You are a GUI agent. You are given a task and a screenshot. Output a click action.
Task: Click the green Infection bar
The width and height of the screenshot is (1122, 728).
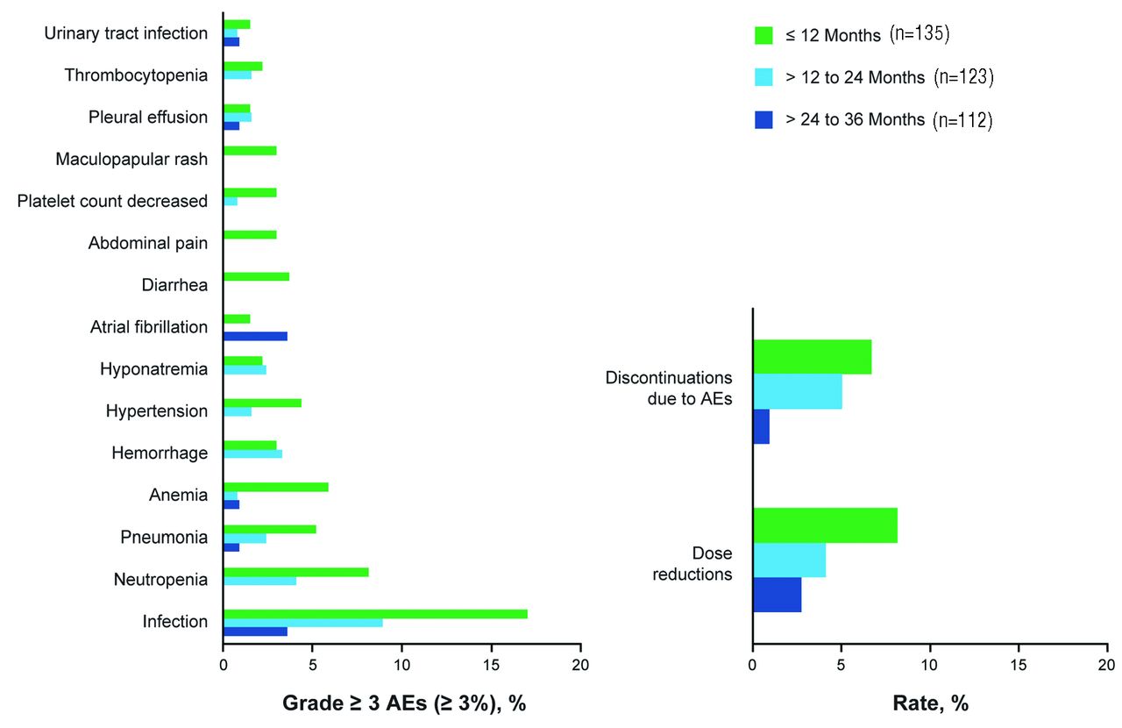click(375, 613)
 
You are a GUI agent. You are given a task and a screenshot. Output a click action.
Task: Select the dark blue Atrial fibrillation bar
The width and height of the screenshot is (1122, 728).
click(255, 336)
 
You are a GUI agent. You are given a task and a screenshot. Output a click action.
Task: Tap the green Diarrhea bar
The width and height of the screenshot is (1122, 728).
click(256, 276)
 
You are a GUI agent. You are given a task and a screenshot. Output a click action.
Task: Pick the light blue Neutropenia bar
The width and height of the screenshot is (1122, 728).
click(259, 581)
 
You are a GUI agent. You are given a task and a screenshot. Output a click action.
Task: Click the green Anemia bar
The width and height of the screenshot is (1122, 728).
click(275, 487)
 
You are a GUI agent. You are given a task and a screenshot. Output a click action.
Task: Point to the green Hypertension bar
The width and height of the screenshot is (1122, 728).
click(262, 403)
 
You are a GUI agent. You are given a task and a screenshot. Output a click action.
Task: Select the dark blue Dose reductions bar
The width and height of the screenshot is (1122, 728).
click(777, 594)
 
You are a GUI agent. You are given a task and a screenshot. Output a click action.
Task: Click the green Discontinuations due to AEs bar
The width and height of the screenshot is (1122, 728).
click(812, 356)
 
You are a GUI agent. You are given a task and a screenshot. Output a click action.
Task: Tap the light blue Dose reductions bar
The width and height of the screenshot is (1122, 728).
click(789, 560)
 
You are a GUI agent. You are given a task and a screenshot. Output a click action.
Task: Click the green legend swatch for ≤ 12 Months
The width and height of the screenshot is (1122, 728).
click(763, 36)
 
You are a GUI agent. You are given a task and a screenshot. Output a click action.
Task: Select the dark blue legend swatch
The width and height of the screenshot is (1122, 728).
click(763, 119)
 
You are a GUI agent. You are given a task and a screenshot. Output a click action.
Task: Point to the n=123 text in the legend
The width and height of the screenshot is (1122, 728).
click(963, 77)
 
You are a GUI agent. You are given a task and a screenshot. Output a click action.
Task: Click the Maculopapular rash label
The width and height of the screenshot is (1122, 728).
click(131, 160)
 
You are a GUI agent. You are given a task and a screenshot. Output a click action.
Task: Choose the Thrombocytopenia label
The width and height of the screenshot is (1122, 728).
click(136, 75)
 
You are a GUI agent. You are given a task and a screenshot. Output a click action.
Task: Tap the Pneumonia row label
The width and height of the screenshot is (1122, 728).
click(164, 538)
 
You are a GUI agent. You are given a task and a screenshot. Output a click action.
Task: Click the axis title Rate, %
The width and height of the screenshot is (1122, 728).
click(929, 703)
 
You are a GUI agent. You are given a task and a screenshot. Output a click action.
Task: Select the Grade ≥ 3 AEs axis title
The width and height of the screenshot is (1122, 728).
click(404, 703)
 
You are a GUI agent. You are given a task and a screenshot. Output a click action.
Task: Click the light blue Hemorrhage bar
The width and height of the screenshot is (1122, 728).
click(252, 453)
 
